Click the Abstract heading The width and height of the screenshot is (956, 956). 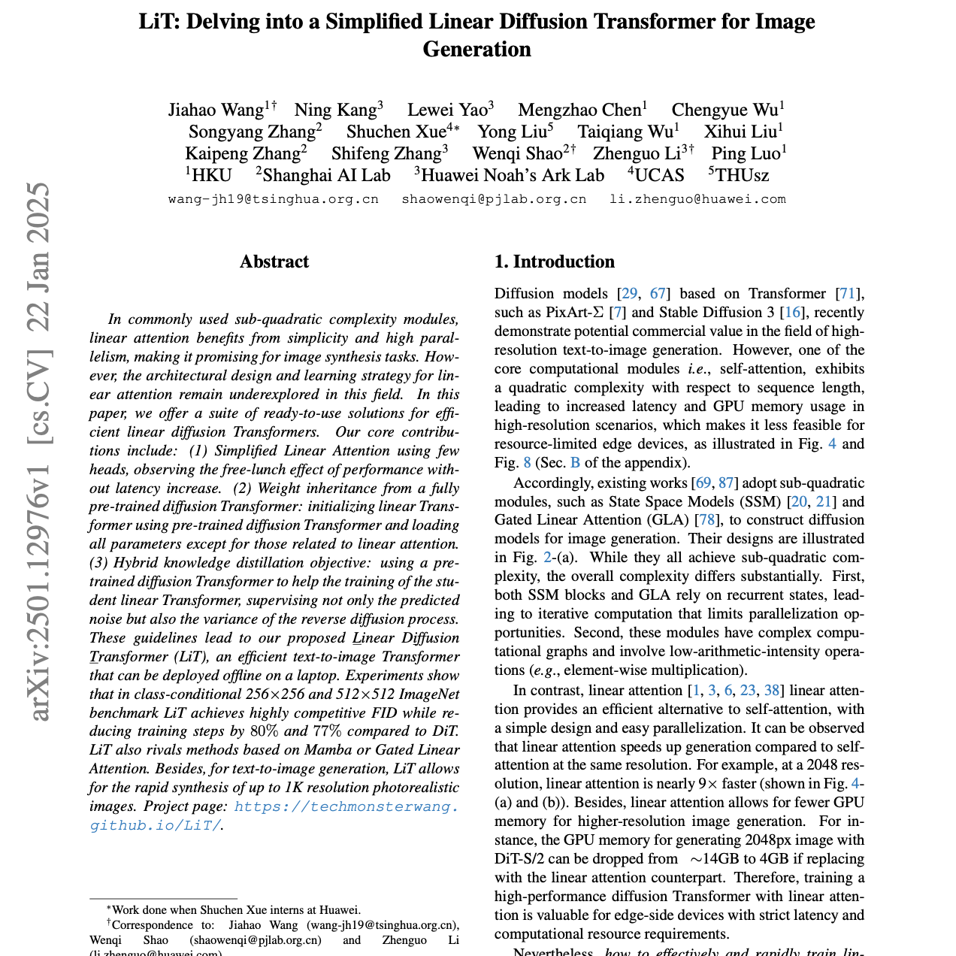click(274, 262)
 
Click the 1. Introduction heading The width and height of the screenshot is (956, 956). click(554, 262)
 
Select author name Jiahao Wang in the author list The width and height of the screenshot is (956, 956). click(215, 110)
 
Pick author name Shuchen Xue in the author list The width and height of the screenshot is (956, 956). click(396, 132)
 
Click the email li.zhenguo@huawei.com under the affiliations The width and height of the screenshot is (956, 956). click(697, 199)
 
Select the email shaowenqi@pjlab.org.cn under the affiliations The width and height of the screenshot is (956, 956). click(494, 199)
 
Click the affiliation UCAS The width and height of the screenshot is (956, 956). click(659, 176)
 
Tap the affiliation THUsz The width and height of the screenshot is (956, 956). click(742, 176)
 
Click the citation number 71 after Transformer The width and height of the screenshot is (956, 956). click(849, 294)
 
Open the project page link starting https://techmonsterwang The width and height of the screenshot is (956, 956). click(346, 806)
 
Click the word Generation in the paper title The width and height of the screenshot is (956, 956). click(477, 50)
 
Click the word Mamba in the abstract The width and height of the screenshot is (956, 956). click(325, 750)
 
